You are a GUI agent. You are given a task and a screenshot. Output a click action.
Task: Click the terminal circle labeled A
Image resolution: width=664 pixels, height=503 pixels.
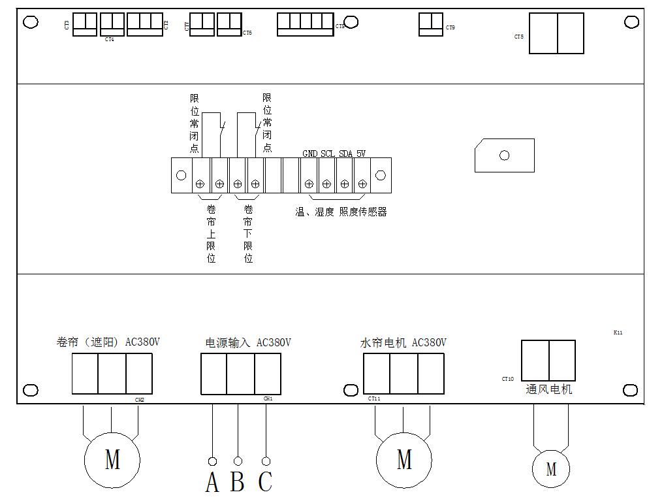(x=213, y=461)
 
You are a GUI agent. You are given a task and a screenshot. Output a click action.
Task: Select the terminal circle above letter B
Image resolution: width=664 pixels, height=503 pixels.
(x=238, y=461)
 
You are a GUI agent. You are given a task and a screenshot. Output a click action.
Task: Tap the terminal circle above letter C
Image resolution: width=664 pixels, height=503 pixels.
(x=266, y=461)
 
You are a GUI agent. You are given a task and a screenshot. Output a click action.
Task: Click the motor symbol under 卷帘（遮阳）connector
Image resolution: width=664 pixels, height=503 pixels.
(x=112, y=459)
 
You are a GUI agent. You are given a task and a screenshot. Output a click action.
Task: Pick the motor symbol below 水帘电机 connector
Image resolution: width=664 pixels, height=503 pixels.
(x=404, y=459)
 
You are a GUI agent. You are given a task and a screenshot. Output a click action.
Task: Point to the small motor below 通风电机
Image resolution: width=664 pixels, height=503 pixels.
(x=551, y=468)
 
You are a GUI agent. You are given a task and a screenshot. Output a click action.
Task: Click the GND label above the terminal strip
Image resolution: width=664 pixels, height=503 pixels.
(x=309, y=154)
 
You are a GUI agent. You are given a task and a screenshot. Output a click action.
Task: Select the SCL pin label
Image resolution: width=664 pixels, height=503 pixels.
(x=328, y=154)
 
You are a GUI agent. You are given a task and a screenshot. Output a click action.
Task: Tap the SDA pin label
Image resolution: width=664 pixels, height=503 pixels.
(x=345, y=154)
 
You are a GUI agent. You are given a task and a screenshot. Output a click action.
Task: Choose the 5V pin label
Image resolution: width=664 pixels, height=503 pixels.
(x=361, y=154)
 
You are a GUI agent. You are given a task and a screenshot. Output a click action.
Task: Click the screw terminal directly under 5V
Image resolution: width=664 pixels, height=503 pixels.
(x=362, y=184)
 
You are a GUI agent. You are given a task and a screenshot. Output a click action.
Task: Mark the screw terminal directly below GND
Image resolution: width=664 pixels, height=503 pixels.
(x=309, y=184)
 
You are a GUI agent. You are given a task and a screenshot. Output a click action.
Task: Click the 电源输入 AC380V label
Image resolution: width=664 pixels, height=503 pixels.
(x=248, y=343)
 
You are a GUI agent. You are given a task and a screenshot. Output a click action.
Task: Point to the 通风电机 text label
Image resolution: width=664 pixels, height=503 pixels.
(x=549, y=389)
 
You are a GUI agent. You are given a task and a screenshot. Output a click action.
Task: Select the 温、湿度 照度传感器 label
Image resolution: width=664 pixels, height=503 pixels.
(x=341, y=212)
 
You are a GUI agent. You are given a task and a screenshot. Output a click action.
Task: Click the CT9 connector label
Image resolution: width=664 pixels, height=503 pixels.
(x=451, y=28)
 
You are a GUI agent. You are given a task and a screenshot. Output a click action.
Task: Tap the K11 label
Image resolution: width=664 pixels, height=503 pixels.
(x=618, y=333)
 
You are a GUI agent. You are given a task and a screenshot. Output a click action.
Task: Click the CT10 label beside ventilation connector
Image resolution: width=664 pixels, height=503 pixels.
(x=508, y=379)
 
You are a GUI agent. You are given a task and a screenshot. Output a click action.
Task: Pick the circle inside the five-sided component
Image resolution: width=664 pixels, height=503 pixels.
(x=504, y=155)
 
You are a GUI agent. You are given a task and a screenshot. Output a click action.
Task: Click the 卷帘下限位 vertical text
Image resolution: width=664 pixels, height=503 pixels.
(x=248, y=233)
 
